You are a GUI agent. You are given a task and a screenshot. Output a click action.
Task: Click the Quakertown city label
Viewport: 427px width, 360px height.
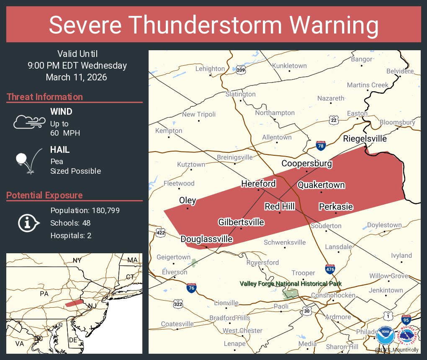click(x=321, y=185)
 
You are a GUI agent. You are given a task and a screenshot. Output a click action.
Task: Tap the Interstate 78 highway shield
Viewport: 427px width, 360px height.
click(x=321, y=145)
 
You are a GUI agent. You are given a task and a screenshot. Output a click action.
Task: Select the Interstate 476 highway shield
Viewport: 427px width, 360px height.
click(x=330, y=269)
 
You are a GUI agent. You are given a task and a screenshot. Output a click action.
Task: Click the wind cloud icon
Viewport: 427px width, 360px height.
click(x=28, y=122)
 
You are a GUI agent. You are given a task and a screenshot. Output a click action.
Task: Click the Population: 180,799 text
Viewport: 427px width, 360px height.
click(x=85, y=210)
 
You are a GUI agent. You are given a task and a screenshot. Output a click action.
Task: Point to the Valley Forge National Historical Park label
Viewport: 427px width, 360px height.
click(x=291, y=284)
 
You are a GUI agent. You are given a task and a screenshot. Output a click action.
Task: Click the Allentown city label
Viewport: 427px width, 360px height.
click(x=277, y=137)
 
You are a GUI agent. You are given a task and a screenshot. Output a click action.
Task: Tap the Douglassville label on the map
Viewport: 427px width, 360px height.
click(x=206, y=239)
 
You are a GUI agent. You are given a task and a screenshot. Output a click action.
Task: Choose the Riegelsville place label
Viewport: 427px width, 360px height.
click(x=365, y=139)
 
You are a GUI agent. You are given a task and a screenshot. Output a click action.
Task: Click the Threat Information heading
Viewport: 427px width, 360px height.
click(x=45, y=97)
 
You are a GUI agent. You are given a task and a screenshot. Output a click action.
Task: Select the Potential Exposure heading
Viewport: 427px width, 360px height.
click(x=45, y=195)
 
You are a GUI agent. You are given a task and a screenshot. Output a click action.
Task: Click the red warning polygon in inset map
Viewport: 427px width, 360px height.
click(x=74, y=303)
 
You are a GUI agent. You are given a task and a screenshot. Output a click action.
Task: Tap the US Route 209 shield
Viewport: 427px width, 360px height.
click(x=240, y=69)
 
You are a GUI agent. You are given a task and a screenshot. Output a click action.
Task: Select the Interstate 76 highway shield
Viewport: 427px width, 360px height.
click(x=191, y=288)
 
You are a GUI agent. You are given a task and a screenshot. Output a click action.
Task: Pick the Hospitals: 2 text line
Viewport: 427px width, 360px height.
click(x=71, y=235)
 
